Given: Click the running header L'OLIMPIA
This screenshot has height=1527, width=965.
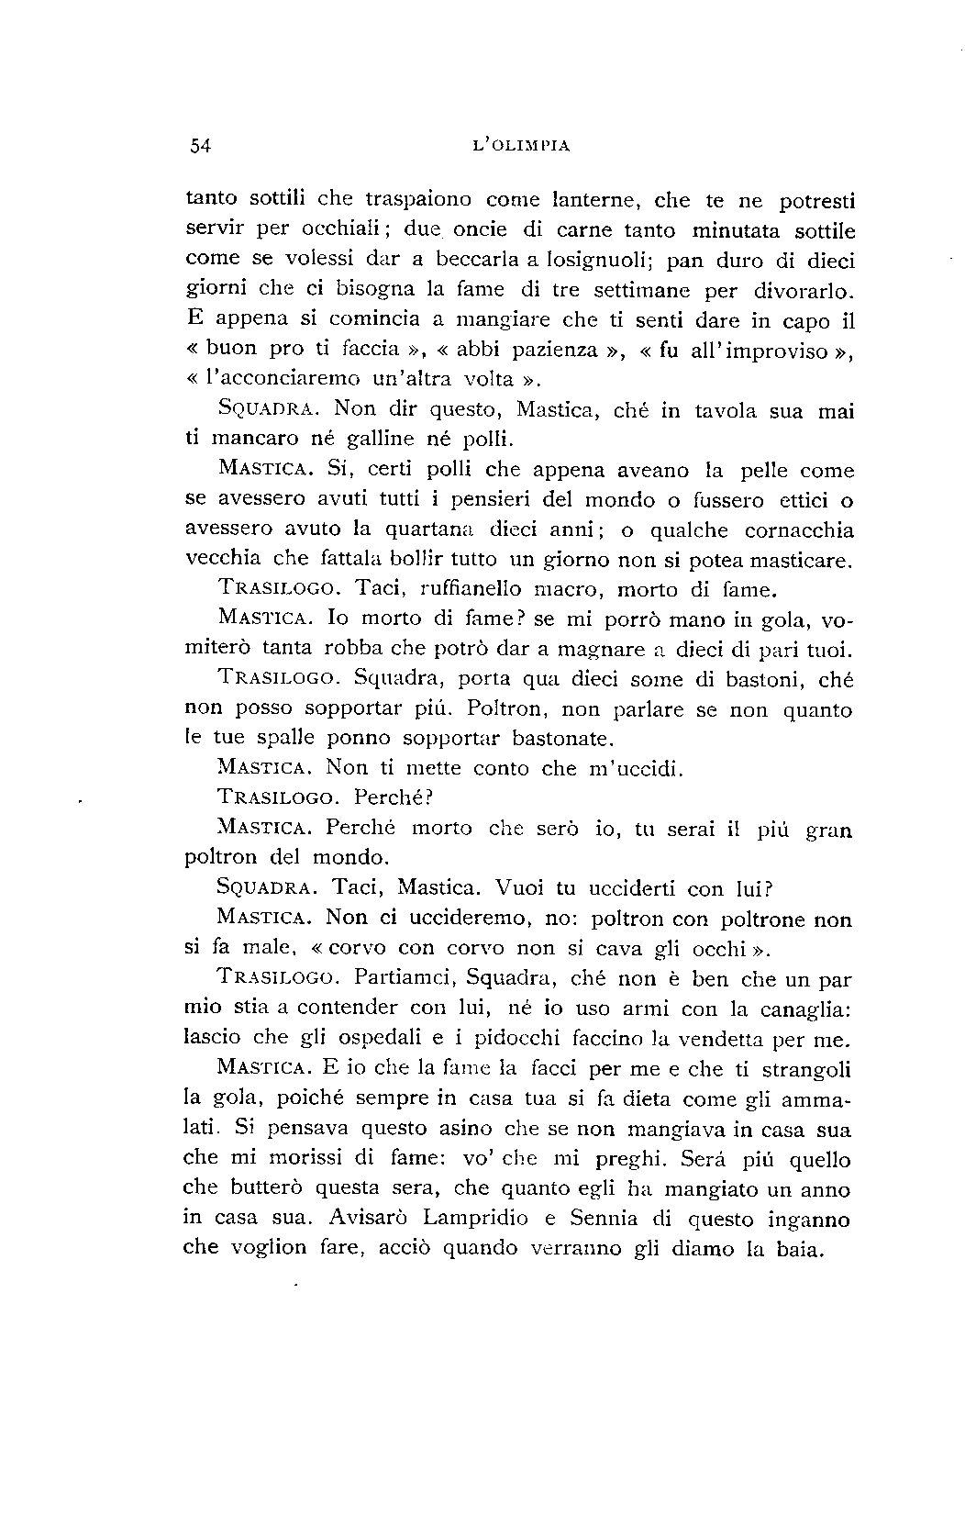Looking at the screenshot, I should coord(520,144).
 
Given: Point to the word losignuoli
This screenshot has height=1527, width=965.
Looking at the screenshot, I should coord(602,260).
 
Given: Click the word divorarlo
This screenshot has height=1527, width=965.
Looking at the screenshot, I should coord(804,290).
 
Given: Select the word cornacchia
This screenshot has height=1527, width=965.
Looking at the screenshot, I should coord(798,529).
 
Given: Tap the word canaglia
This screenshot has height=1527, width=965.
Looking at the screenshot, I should coord(805,1009).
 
